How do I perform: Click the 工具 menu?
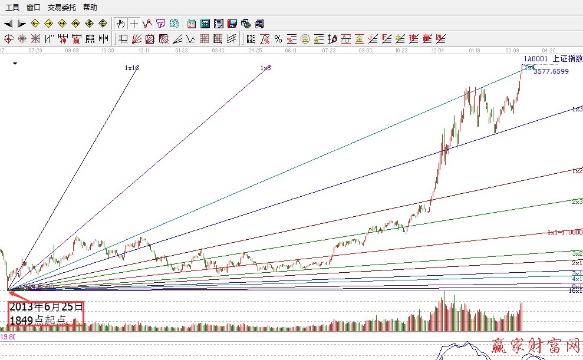(12, 8)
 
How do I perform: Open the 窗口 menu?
(34, 8)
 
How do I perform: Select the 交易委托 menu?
(61, 8)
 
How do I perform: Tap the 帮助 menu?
(90, 8)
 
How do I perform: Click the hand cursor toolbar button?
(120, 24)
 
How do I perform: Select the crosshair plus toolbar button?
(134, 24)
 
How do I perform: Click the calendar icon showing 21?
(192, 24)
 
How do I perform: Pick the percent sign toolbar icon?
(265, 39)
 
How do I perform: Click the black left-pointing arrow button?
(8, 24)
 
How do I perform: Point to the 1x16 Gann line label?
(131, 68)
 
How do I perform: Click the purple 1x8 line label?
(265, 68)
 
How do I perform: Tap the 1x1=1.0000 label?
(565, 232)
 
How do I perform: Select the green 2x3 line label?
(577, 202)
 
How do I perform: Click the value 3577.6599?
(551, 71)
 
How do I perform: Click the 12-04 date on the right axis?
(438, 51)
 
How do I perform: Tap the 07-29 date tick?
(35, 51)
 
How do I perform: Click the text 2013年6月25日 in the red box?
(46, 308)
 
